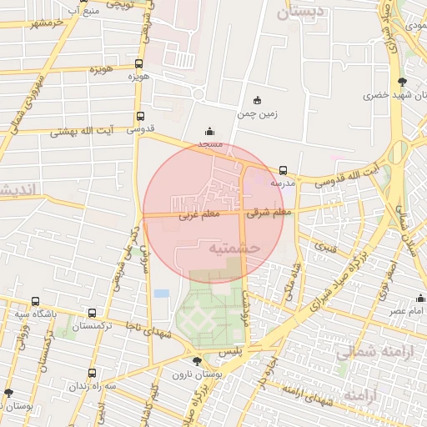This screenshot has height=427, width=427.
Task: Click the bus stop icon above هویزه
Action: pyautogui.click(x=138, y=63)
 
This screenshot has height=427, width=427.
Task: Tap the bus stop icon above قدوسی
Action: pyautogui.click(x=138, y=117)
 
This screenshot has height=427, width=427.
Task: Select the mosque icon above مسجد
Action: pyautogui.click(x=208, y=131)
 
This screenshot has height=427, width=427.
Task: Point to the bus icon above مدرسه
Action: pyautogui.click(x=283, y=170)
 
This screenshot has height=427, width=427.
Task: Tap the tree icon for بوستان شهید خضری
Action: pyautogui.click(x=404, y=81)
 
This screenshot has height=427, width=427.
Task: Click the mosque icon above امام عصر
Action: pyautogui.click(x=421, y=299)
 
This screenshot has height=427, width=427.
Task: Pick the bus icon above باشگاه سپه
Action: pyautogui.click(x=35, y=301)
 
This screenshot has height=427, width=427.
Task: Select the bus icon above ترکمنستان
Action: pyautogui.click(x=92, y=314)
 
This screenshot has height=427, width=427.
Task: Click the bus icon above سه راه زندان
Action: pyautogui.click(x=92, y=374)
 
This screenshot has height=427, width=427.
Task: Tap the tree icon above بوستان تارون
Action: pyautogui.click(x=196, y=360)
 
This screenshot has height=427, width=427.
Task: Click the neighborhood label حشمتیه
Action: pyautogui.click(x=235, y=248)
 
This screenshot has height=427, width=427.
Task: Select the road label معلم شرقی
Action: pyautogui.click(x=269, y=213)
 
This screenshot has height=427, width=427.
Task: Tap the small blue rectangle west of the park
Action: pyautogui.click(x=161, y=294)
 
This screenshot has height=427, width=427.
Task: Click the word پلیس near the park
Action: pyautogui.click(x=229, y=353)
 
